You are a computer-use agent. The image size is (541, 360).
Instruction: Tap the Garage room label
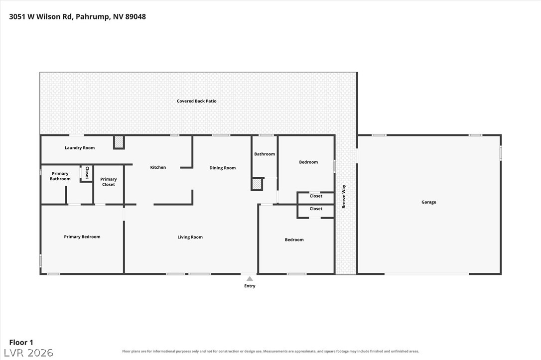point(428,202)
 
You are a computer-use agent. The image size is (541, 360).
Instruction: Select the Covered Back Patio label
point(197,101)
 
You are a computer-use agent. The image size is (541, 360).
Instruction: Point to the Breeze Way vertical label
point(344,197)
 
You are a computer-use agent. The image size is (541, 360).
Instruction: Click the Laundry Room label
point(80,147)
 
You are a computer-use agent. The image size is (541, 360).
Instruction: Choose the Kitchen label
point(158,167)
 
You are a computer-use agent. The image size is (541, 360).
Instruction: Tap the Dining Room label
point(223,168)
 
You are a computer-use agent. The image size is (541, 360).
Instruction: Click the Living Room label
point(190,237)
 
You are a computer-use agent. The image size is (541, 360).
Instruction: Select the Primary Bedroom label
point(82,237)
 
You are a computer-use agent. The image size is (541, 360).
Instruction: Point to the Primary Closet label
point(108,182)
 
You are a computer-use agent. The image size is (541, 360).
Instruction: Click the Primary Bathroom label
point(60,176)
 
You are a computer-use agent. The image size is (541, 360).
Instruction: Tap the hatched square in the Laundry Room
point(119,142)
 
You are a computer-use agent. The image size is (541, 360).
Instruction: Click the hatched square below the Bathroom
point(257,184)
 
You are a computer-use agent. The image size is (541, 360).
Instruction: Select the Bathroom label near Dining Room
point(265,154)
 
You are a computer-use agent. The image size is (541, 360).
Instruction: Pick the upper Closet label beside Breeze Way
point(316,196)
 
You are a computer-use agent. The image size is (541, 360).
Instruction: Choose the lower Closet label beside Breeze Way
point(316,209)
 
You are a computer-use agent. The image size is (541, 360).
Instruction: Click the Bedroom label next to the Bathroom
point(308,162)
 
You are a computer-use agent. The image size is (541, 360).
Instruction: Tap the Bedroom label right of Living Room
point(294,240)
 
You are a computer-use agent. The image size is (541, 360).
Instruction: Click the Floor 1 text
point(21,343)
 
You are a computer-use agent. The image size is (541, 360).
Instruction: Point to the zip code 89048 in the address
point(135,16)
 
